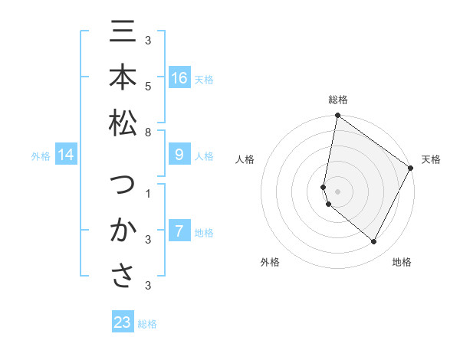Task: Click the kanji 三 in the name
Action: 123,34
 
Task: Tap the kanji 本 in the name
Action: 123,79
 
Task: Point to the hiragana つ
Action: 123,186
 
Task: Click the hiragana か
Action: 123,231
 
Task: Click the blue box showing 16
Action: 179,78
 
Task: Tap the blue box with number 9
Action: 179,155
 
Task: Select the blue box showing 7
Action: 179,231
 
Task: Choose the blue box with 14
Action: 67,155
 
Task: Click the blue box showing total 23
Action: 123,322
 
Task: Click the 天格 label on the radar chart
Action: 431,159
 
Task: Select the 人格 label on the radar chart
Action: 245,159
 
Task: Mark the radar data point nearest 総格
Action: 337,116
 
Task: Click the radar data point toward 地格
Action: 374,242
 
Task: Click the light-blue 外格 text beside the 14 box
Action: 41,156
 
